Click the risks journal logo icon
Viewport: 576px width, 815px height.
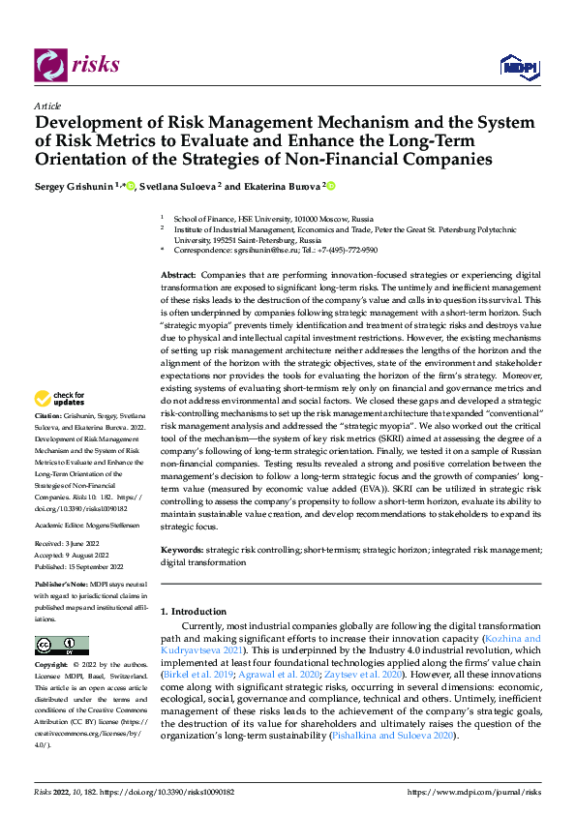tap(49, 64)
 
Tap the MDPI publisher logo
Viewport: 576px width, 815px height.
tap(519, 66)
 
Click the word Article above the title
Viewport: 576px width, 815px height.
tap(47, 106)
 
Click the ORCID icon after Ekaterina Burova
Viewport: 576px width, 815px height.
tap(330, 184)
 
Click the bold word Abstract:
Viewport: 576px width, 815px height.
tap(179, 277)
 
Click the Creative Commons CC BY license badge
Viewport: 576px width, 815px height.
tap(61, 646)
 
